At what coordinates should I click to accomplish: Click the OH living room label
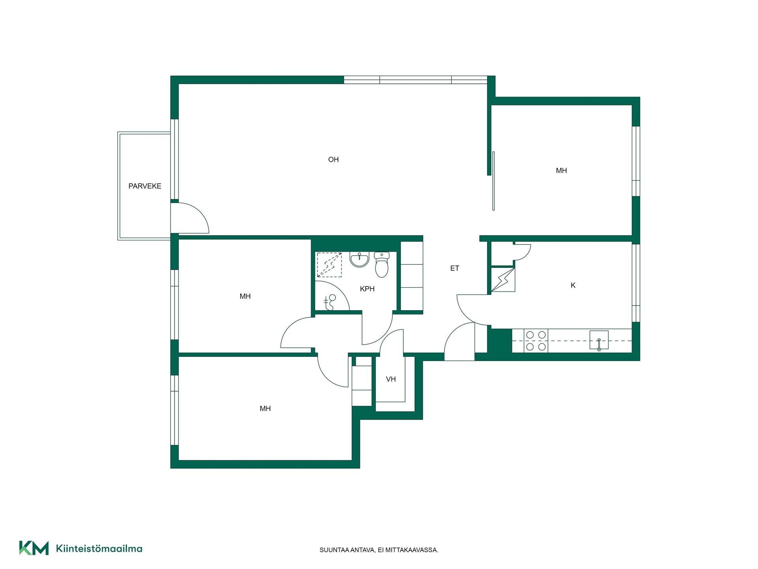pyautogui.click(x=333, y=160)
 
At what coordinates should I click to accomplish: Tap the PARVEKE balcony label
pyautogui.click(x=145, y=186)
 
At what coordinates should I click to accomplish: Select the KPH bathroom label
pyautogui.click(x=367, y=289)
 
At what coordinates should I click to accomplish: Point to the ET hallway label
pyautogui.click(x=454, y=268)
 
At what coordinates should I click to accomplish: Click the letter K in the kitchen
pyautogui.click(x=573, y=285)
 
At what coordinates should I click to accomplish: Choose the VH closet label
pyautogui.click(x=391, y=379)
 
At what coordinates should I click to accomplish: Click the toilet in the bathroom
pyautogui.click(x=382, y=264)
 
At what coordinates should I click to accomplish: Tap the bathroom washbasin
pyautogui.click(x=359, y=260)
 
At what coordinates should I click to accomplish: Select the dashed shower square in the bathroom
pyautogui.click(x=329, y=265)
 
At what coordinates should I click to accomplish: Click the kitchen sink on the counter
pyautogui.click(x=599, y=340)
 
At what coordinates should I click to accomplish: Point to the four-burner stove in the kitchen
pyautogui.click(x=536, y=341)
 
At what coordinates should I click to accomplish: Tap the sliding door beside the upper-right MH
pyautogui.click(x=493, y=181)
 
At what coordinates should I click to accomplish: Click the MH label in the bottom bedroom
pyautogui.click(x=265, y=409)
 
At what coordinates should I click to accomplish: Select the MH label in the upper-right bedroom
pyautogui.click(x=561, y=171)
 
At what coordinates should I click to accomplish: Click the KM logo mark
pyautogui.click(x=34, y=548)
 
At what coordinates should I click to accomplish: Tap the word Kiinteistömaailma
pyautogui.click(x=99, y=548)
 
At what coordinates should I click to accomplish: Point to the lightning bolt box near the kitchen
pyautogui.click(x=503, y=280)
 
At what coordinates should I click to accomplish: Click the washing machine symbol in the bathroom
pyautogui.click(x=330, y=302)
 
